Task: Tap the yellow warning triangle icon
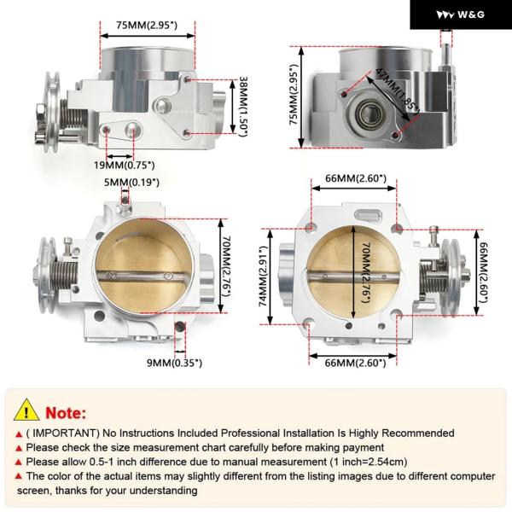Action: click(26, 410)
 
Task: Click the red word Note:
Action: click(66, 413)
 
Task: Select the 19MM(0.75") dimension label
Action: click(125, 166)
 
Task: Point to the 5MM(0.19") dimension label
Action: click(131, 183)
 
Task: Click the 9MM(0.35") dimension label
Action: click(174, 363)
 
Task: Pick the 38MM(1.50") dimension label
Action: click(243, 107)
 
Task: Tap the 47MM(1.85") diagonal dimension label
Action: click(397, 90)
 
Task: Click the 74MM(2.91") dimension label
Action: click(263, 276)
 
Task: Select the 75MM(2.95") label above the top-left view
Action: click(147, 25)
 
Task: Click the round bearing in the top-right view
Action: click(369, 114)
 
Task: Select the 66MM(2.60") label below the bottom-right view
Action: click(355, 363)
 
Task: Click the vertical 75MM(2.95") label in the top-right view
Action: click(294, 95)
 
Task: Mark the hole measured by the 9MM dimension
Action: click(180, 327)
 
